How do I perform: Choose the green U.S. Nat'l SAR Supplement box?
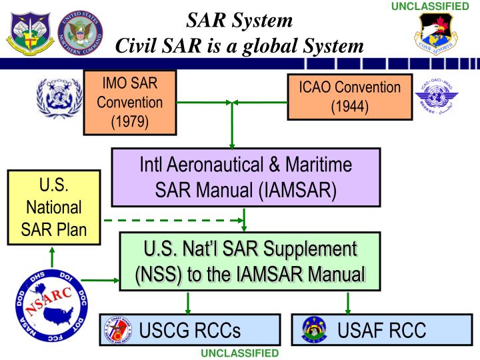tap(251, 260)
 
